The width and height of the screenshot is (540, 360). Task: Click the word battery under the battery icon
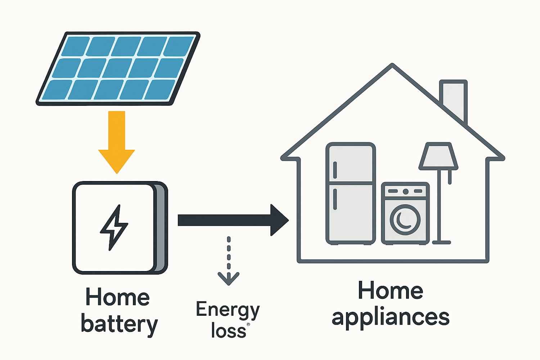[x=119, y=324]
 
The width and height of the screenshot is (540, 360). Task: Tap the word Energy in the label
[x=228, y=310]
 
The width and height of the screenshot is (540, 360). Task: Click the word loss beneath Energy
[x=229, y=330]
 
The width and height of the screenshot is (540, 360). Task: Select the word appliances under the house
[x=391, y=318]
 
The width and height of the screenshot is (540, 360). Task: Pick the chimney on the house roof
[x=454, y=99]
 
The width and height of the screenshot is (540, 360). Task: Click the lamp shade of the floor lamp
[x=438, y=156]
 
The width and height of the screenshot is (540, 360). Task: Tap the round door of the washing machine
[x=405, y=219]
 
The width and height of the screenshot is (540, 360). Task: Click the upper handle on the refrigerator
[x=335, y=170]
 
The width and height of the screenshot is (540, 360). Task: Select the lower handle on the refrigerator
[x=335, y=199]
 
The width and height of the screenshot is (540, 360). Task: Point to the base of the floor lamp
[x=441, y=242]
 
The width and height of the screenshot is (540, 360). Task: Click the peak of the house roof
[x=392, y=67]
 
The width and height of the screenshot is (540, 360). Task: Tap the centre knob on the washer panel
[x=405, y=191]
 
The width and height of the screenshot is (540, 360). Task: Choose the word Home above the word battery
[x=118, y=297]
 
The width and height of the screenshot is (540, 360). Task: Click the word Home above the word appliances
[x=391, y=291]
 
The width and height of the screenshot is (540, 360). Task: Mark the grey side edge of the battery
[x=161, y=229]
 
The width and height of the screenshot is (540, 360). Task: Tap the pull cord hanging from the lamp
[x=450, y=177]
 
